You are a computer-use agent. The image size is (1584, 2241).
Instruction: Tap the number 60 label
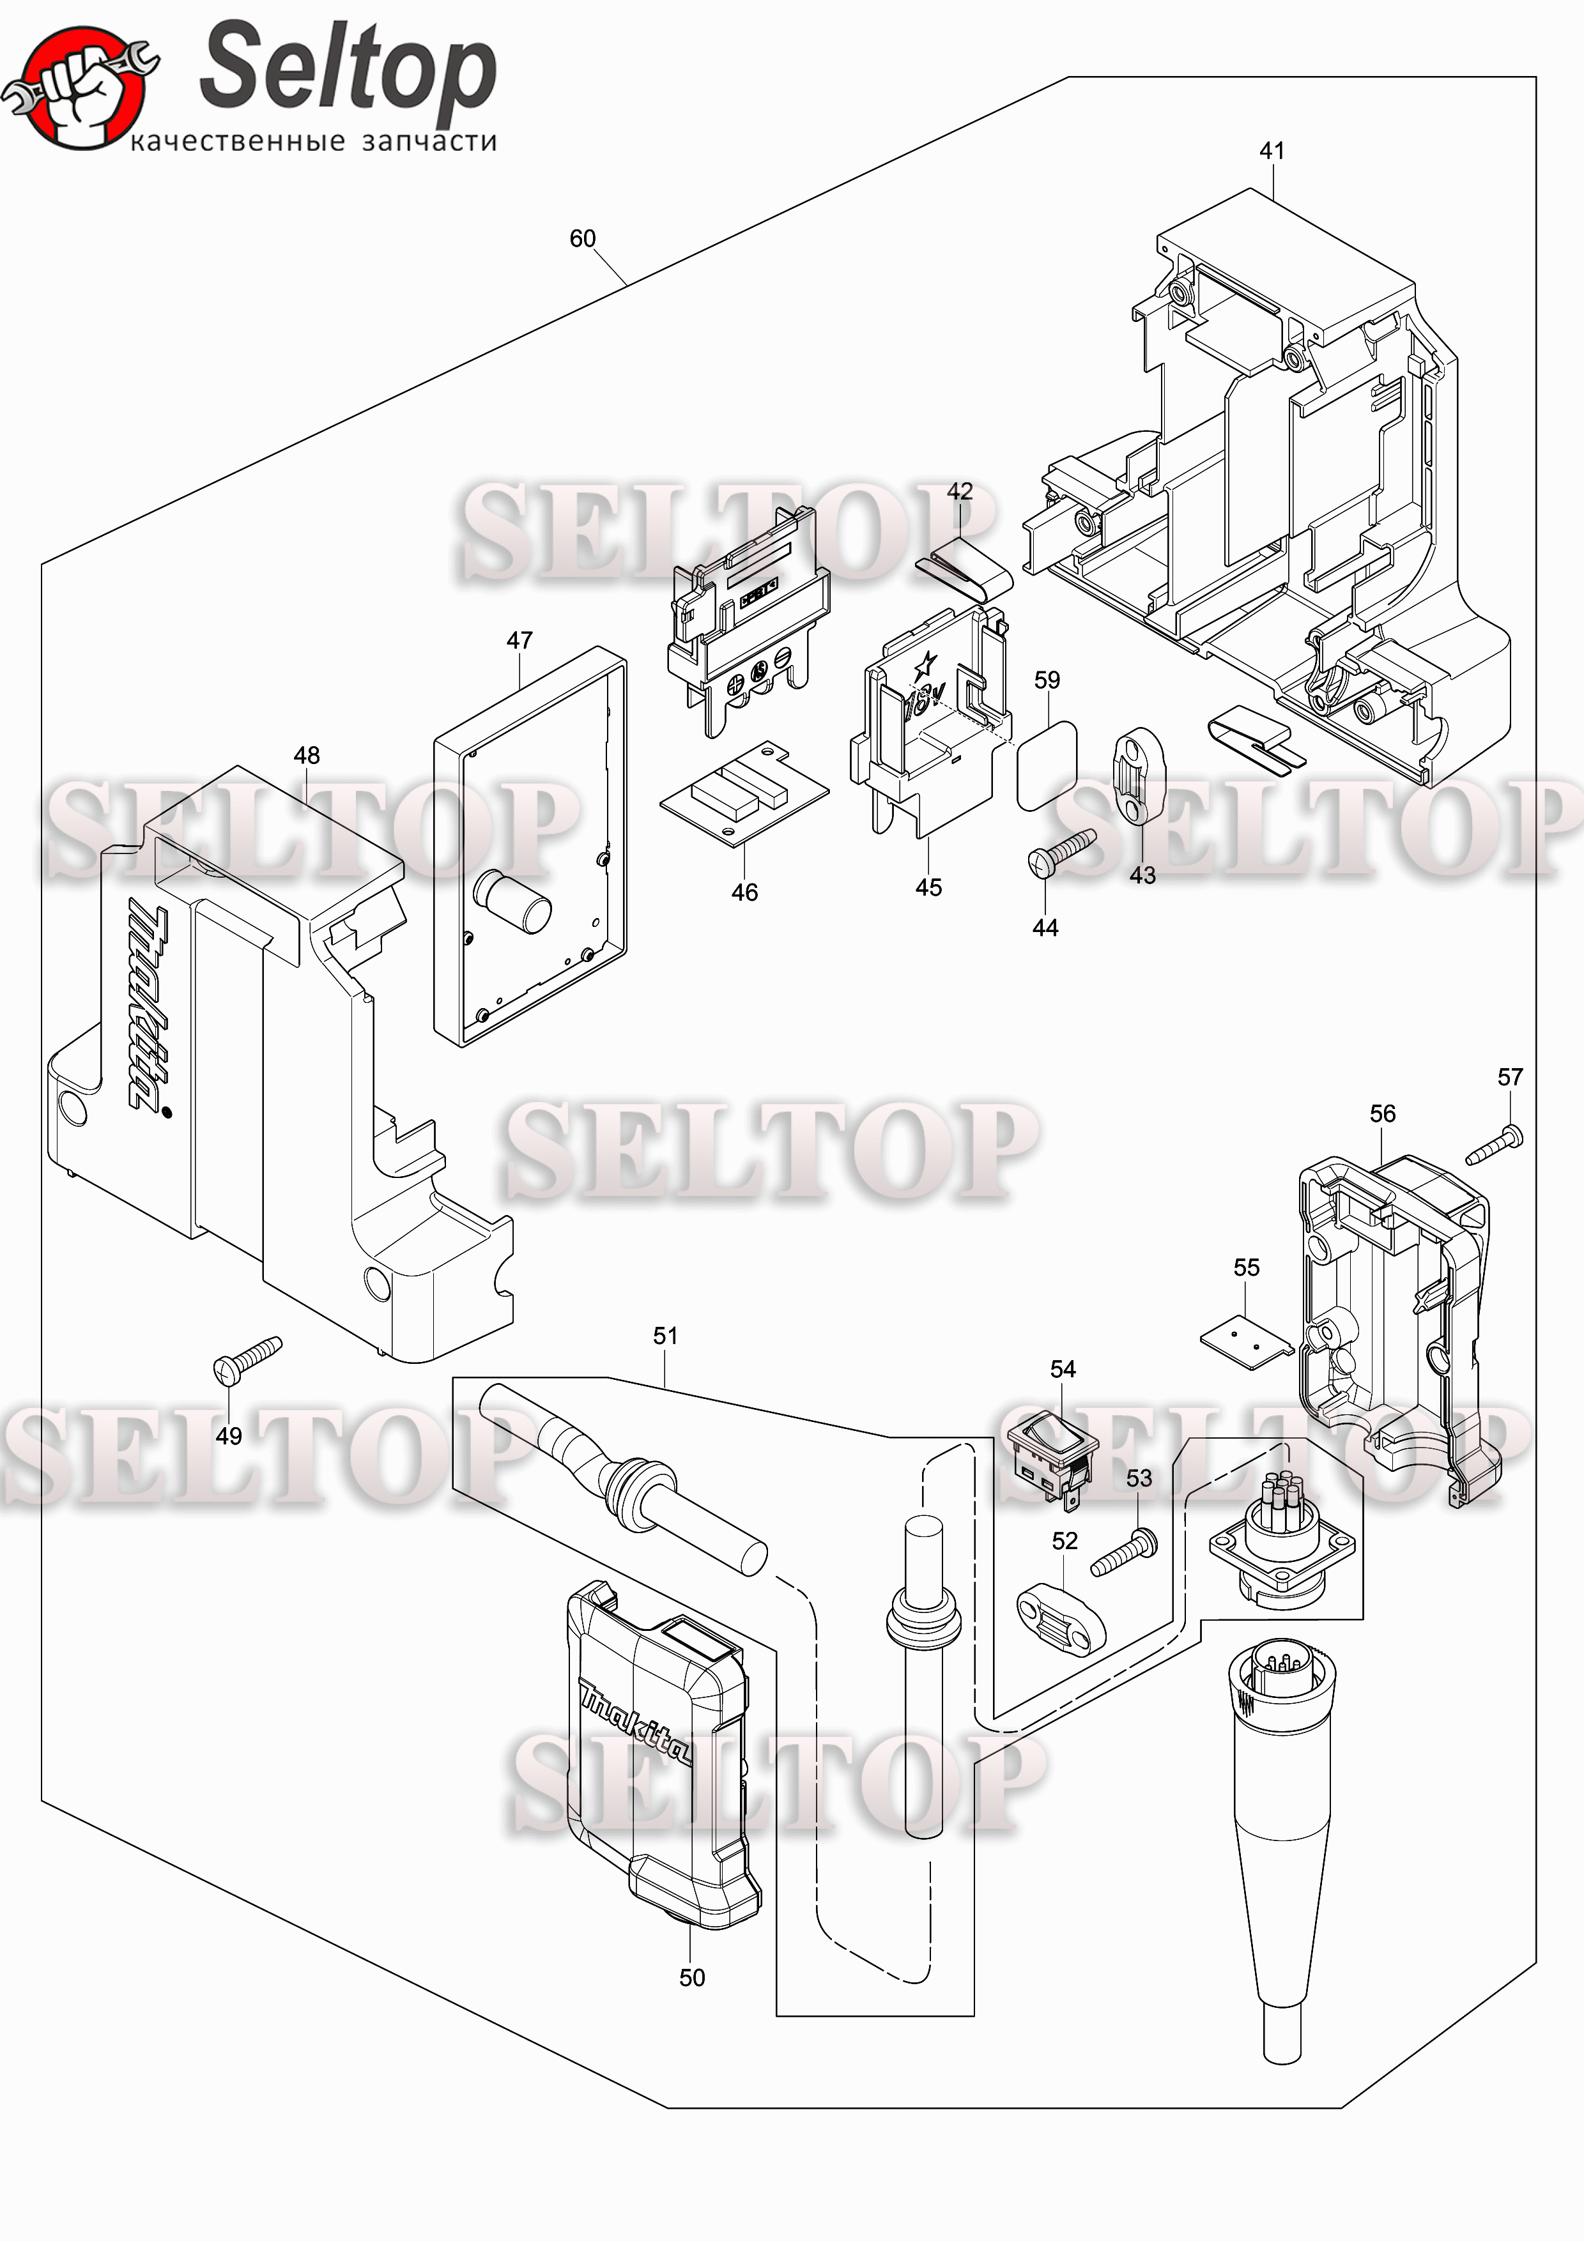pos(583,238)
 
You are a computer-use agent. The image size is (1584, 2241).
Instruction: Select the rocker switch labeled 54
pos(1051,1457)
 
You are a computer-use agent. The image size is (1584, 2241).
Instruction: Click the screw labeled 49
pos(247,1359)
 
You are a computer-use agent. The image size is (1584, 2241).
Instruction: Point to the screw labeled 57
pos(1494,1145)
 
